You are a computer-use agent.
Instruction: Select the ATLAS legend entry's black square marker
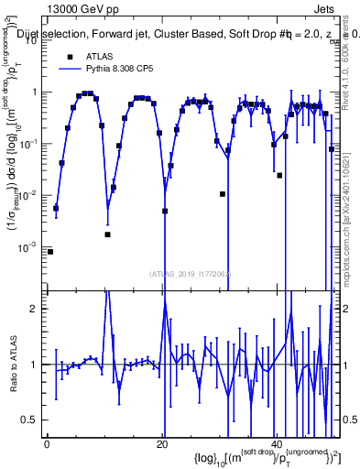[68, 54]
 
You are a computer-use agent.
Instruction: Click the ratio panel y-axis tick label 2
[35, 309]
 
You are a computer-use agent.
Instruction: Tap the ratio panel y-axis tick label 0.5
[31, 420]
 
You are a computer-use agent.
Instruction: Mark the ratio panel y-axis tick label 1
[35, 365]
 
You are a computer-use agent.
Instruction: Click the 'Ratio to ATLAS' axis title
[13, 364]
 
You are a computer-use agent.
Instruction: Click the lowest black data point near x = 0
[50, 251]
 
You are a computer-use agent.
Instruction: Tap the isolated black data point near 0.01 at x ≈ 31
[223, 194]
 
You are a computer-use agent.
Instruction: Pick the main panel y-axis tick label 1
[35, 92]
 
